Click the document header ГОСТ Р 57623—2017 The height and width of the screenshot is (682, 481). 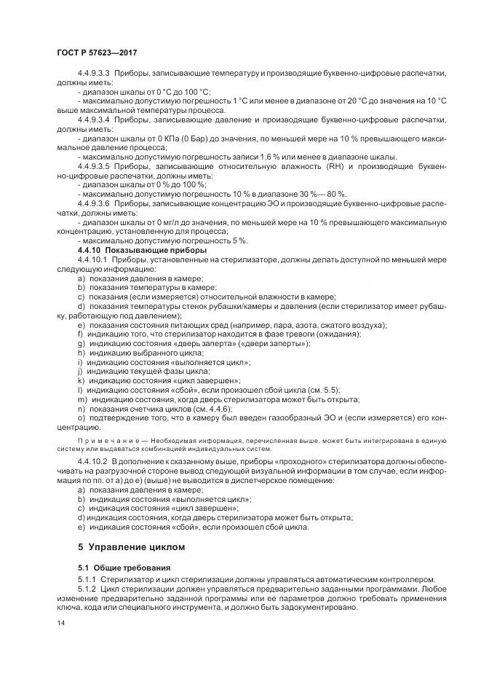(96, 52)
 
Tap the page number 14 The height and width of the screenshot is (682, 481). (59, 624)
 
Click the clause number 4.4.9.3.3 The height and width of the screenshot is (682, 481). (92, 74)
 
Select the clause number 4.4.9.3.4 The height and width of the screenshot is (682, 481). (92, 118)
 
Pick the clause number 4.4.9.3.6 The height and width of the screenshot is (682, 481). (92, 205)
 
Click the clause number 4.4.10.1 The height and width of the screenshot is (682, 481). (91, 259)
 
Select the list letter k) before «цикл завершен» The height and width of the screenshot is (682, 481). (80, 380)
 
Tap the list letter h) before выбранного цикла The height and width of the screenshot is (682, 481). (80, 353)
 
